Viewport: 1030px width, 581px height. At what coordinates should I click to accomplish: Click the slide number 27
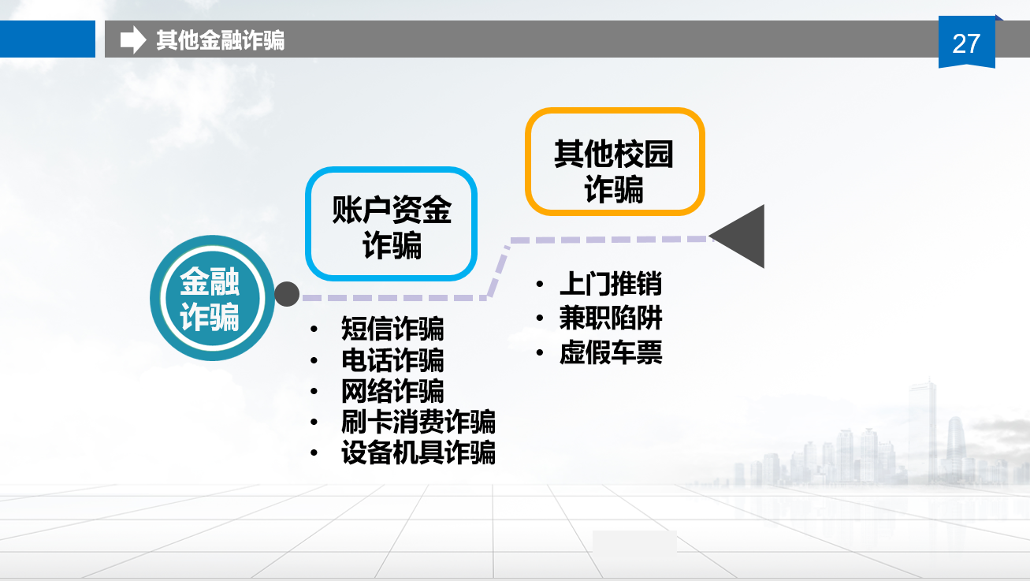966,43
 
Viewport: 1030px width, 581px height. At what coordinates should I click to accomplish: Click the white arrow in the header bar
133,39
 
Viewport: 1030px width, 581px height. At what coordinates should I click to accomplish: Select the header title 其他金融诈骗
220,40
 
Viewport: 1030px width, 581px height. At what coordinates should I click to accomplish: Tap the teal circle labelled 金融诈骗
212,298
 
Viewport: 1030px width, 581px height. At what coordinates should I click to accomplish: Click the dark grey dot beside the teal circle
287,294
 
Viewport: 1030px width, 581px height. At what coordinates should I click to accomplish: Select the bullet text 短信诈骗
392,329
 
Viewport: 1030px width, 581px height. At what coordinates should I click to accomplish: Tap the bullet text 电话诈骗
392,359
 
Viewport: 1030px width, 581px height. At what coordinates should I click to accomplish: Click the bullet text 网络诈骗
392,391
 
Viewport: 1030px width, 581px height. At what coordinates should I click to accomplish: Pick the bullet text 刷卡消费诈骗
418,422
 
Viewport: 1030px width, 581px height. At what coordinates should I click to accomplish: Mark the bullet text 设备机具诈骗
418,453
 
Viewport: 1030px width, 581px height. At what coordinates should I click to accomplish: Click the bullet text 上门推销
611,283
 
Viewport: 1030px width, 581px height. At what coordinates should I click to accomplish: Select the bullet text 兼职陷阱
611,318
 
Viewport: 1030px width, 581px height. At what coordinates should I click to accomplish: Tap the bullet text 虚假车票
611,352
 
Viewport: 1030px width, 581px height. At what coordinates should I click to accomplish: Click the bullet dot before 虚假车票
540,353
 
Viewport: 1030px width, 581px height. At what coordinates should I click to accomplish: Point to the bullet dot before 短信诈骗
314,329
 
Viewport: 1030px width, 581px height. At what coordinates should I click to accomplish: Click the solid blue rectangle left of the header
47,39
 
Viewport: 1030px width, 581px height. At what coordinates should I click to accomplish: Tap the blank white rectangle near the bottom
634,542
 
